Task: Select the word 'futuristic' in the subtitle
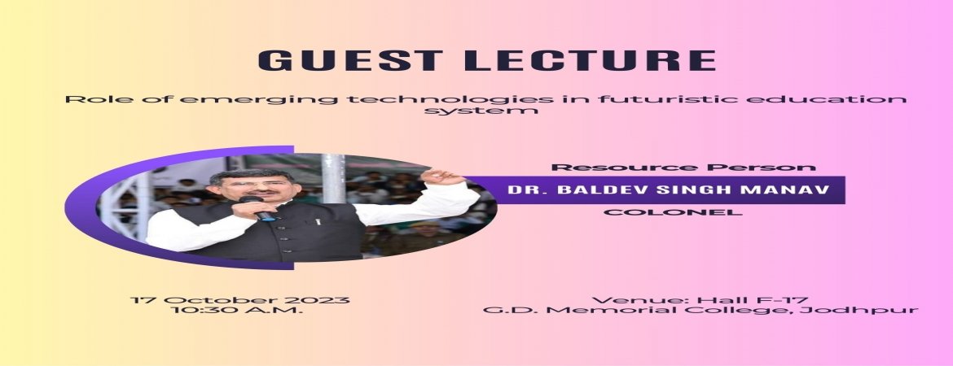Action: click(664, 99)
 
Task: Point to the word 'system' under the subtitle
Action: click(481, 111)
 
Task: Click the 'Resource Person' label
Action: click(683, 168)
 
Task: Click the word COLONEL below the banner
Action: click(673, 212)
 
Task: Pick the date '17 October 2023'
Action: click(240, 300)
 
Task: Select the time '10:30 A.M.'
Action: click(237, 310)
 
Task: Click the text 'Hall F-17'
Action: click(753, 300)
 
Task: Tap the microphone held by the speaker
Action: click(257, 208)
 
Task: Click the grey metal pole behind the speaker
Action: click(333, 178)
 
